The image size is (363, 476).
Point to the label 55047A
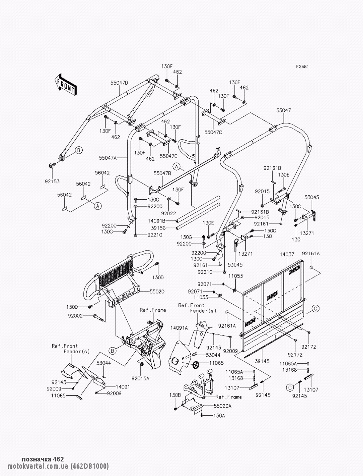click(x=107, y=158)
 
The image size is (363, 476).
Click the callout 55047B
click(x=162, y=174)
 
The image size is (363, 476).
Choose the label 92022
click(x=168, y=213)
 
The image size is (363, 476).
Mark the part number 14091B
click(x=157, y=221)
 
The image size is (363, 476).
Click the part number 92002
click(x=75, y=316)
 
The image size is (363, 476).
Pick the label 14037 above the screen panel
click(x=287, y=255)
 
